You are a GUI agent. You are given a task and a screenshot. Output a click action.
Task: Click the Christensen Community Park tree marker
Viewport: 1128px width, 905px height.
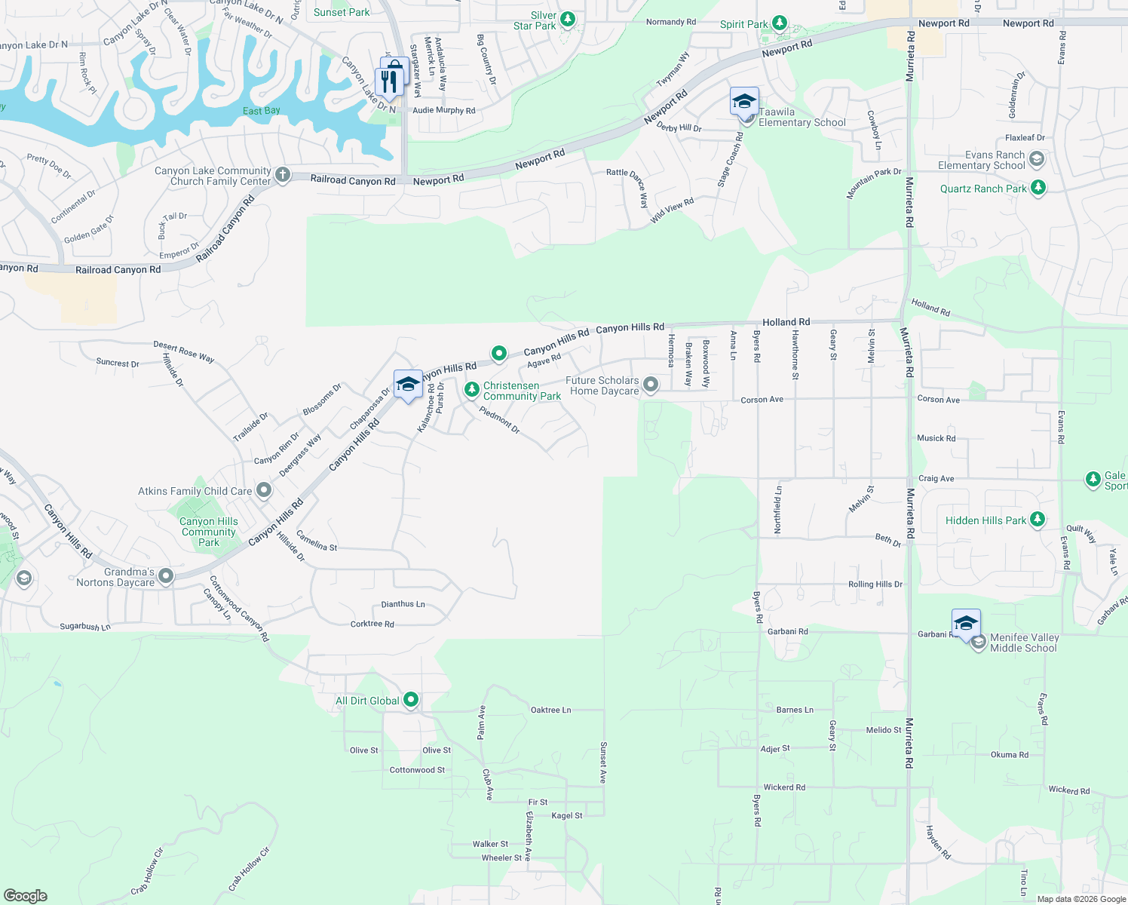coord(471,389)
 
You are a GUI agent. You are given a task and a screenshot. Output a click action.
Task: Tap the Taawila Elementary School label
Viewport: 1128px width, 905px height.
coord(802,117)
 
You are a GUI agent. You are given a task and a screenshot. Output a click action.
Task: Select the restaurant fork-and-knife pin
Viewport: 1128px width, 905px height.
coord(389,81)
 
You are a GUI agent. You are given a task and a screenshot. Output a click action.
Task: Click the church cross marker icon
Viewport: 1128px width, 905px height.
coord(282,175)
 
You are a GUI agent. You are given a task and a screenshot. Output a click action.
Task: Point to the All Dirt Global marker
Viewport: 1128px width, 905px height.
coord(411,701)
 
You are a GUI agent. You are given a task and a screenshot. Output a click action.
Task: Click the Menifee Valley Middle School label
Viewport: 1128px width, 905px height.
coord(1024,643)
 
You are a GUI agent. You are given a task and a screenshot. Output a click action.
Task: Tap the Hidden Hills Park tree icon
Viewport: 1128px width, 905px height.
coord(1038,520)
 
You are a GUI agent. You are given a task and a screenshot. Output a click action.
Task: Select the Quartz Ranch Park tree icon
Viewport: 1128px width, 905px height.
coord(1038,188)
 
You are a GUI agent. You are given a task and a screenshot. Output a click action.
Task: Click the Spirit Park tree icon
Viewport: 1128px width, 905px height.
coord(780,23)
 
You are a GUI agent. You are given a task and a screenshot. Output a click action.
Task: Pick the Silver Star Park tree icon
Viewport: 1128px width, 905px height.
coord(568,18)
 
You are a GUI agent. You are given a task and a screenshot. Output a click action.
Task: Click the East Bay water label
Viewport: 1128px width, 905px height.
coord(262,111)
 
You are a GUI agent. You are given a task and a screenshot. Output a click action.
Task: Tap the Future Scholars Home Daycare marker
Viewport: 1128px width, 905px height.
coord(651,385)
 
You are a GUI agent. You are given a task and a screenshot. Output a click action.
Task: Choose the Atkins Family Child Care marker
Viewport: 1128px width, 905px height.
coord(264,491)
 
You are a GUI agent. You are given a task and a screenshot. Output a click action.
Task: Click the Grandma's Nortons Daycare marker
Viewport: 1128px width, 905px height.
coord(166,576)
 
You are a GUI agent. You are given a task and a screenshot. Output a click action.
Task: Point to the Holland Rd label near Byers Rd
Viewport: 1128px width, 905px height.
coord(786,322)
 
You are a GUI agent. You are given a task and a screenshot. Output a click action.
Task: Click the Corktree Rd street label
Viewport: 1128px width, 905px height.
coord(372,624)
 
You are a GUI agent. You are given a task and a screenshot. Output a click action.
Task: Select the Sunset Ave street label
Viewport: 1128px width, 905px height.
coord(602,762)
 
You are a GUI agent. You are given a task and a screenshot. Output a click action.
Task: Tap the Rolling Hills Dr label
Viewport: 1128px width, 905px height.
coord(875,584)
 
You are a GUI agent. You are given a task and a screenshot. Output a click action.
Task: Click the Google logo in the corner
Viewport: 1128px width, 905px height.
coord(25,895)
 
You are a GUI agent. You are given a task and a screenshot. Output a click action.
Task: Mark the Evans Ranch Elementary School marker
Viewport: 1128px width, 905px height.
coord(1037,159)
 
